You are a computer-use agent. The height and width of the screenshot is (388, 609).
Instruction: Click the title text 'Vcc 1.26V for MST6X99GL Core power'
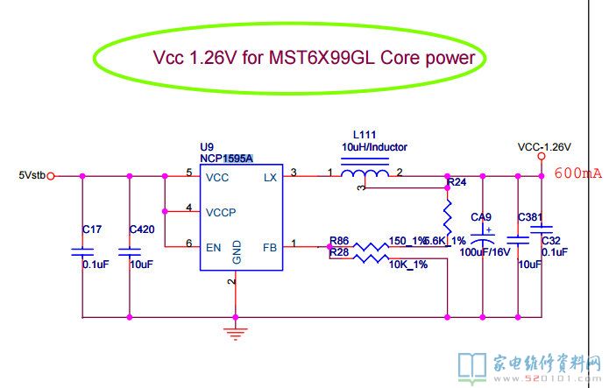pyautogui.click(x=314, y=59)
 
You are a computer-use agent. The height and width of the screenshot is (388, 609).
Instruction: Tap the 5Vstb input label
pyautogui.click(x=32, y=175)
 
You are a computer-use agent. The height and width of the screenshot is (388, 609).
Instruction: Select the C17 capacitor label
pyautogui.click(x=92, y=229)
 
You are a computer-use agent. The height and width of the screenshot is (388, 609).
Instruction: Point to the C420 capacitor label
pyautogui.click(x=141, y=229)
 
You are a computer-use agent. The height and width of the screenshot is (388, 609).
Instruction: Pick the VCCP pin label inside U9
pyautogui.click(x=222, y=212)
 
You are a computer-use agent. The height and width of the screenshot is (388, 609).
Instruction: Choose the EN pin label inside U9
pyautogui.click(x=214, y=248)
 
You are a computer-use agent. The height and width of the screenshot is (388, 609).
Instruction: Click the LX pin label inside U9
pyautogui.click(x=270, y=177)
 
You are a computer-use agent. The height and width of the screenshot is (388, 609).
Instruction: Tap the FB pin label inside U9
pyautogui.click(x=269, y=248)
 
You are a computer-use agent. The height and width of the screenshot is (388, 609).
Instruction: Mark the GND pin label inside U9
pyautogui.click(x=237, y=254)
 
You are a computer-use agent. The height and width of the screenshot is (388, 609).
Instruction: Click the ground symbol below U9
pyautogui.click(x=235, y=332)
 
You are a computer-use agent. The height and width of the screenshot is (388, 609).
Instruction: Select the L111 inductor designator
pyautogui.click(x=365, y=135)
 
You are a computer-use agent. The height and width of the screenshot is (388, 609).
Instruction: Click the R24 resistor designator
pyautogui.click(x=457, y=183)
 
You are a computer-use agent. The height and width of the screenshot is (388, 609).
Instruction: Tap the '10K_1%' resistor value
pyautogui.click(x=408, y=265)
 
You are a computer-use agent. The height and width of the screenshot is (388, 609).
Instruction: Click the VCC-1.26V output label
pyautogui.click(x=544, y=146)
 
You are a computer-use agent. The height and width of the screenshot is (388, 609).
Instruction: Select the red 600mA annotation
pyautogui.click(x=578, y=173)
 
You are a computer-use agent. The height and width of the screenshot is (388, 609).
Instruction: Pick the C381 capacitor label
pyautogui.click(x=530, y=217)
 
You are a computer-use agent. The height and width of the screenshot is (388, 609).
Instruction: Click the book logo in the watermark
pyautogui.click(x=473, y=363)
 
